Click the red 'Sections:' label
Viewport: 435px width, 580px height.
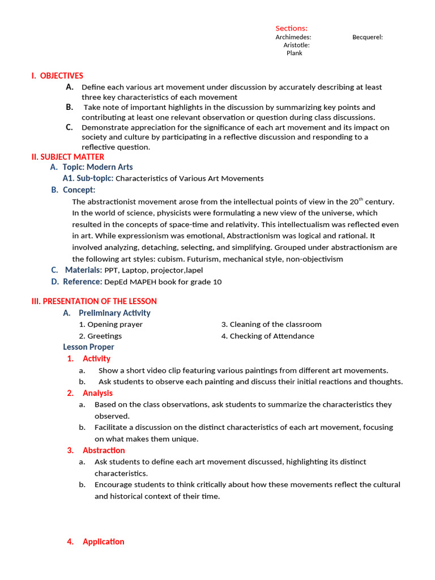[291, 28]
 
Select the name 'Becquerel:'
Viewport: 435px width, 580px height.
[367, 37]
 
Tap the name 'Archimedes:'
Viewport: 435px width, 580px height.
[293, 37]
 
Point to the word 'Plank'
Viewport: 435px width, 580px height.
[294, 53]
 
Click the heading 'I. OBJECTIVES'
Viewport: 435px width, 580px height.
[57, 76]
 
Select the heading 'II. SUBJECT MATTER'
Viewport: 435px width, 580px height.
[68, 157]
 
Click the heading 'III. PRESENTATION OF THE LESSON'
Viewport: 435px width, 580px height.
[94, 301]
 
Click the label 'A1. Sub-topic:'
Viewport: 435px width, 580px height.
[88, 178]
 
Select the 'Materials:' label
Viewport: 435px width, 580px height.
[83, 270]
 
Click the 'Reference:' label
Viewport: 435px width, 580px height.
[82, 282]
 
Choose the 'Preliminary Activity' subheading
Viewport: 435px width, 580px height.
[114, 313]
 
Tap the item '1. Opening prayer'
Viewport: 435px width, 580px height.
[111, 325]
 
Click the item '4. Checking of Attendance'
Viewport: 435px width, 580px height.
[267, 336]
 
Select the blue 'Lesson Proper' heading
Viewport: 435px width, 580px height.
[88, 347]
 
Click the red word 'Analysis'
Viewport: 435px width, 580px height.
[97, 393]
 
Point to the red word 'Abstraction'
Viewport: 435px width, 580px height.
[104, 450]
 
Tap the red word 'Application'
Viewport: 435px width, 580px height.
[103, 541]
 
